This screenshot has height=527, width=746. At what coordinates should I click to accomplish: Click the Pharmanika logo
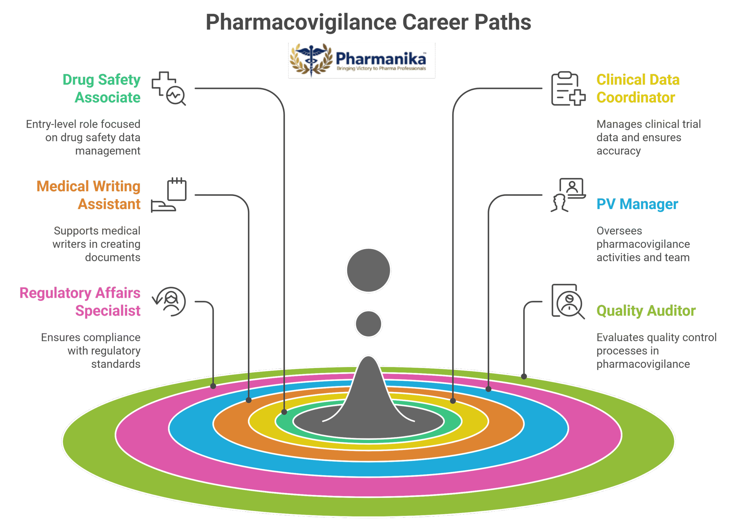tap(361, 60)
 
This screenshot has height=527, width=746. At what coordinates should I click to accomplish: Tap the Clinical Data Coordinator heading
tap(638, 88)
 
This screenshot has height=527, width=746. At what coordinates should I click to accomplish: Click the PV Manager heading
tap(637, 204)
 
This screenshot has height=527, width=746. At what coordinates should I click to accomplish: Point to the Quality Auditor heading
tap(646, 311)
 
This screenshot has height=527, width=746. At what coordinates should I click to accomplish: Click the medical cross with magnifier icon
tap(169, 88)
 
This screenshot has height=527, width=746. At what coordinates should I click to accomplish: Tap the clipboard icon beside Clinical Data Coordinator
tap(568, 88)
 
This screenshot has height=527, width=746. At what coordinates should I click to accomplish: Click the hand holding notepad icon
tap(169, 195)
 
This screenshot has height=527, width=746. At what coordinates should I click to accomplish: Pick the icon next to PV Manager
tap(568, 195)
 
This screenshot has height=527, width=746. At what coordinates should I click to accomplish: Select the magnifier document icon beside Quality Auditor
tap(568, 302)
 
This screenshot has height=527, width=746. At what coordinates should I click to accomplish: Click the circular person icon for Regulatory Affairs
tap(170, 302)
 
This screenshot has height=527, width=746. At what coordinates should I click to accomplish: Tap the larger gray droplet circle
tap(368, 270)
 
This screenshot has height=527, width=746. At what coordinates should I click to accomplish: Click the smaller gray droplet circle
tap(368, 324)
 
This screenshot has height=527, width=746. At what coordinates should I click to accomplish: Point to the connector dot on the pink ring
tap(213, 386)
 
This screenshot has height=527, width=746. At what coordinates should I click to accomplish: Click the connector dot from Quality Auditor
tap(524, 377)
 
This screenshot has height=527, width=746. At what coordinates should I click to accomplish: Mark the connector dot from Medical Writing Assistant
tap(249, 400)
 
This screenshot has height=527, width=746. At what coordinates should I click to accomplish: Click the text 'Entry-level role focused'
tap(83, 124)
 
